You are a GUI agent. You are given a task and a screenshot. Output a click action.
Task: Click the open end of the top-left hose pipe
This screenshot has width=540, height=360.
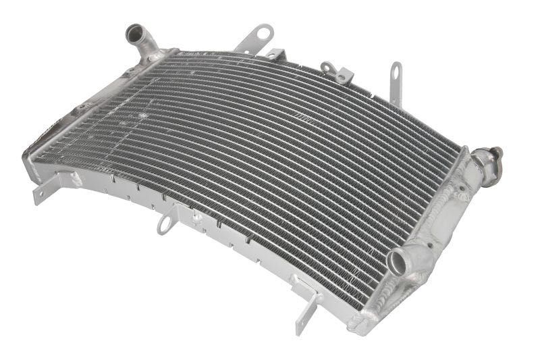(134, 31)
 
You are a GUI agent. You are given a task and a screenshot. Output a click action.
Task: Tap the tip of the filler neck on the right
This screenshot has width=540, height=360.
(498, 153)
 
